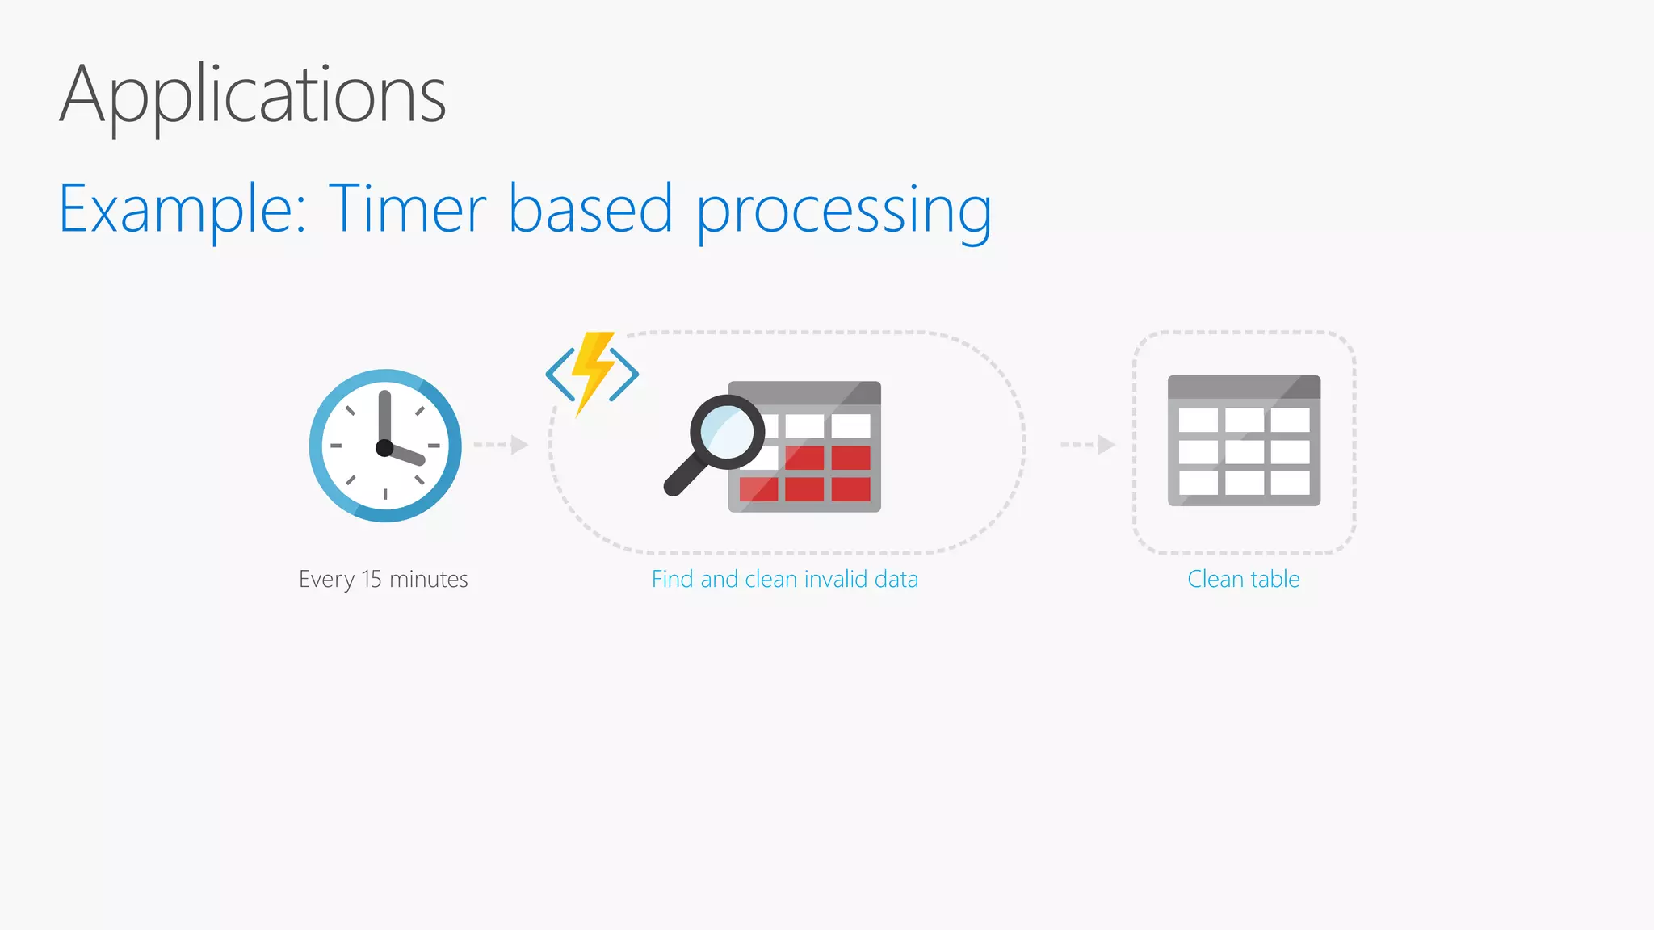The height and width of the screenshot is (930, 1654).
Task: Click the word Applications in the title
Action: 253,95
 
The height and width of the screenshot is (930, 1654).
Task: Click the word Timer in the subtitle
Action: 407,209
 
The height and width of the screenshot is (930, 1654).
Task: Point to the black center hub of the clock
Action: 384,448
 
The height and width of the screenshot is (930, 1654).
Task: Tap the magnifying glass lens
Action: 727,432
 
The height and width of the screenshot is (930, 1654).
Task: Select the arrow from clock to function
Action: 501,445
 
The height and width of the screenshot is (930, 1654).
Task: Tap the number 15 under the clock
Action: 372,580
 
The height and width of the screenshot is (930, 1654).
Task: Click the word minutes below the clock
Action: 429,580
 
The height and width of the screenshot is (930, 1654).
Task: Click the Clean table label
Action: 1243,580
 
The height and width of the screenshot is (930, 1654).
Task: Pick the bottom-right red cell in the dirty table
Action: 851,489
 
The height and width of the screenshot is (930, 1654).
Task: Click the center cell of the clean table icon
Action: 1245,451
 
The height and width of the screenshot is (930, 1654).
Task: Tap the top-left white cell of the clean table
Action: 1199,420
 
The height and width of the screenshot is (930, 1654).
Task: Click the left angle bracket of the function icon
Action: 560,374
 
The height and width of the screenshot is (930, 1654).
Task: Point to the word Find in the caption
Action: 673,580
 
